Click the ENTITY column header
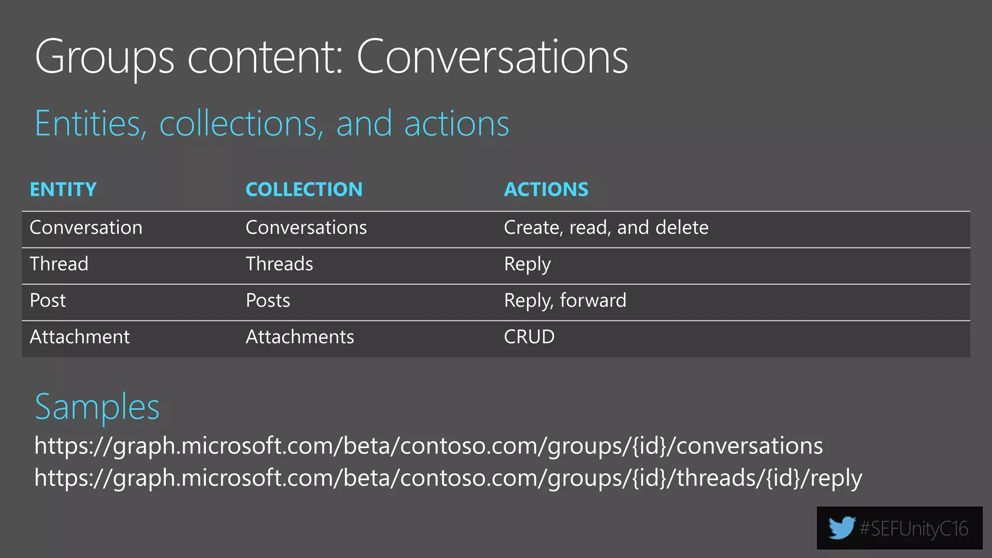click(63, 189)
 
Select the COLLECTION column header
click(304, 189)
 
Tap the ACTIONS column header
click(546, 189)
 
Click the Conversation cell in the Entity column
click(86, 228)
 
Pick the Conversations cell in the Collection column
click(306, 228)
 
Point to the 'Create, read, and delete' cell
click(606, 228)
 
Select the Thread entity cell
click(59, 264)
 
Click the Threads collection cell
click(279, 264)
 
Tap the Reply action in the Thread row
click(527, 264)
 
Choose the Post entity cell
click(47, 300)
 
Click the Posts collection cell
click(268, 300)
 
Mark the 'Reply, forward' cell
click(565, 300)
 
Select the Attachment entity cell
click(79, 337)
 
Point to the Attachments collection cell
click(300, 337)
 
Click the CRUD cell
click(529, 337)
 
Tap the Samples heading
click(97, 407)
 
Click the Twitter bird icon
click(841, 527)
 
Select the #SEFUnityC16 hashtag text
click(913, 528)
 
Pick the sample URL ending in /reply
click(448, 478)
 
